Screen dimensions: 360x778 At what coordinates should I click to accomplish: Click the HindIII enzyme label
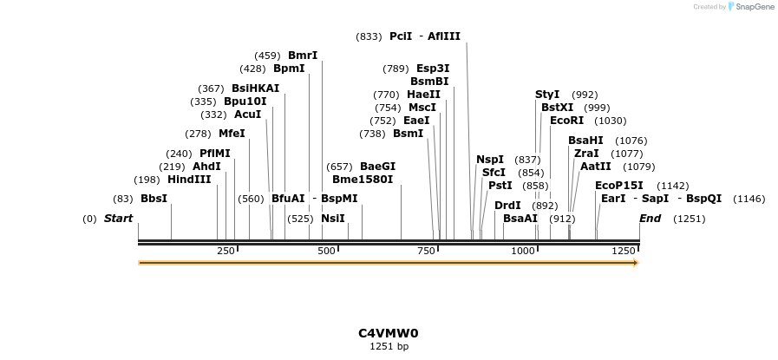(189, 180)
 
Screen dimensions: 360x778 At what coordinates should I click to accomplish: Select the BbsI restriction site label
(154, 199)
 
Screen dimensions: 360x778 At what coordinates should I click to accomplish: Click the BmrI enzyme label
(303, 56)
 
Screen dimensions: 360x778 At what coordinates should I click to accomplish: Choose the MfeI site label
(232, 134)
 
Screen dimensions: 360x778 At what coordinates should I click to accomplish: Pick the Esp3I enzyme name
(433, 69)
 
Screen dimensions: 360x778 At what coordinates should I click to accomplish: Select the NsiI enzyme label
(333, 219)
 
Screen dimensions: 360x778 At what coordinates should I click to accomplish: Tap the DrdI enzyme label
(507, 206)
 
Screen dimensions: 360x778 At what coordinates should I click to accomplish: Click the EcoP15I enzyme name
(619, 186)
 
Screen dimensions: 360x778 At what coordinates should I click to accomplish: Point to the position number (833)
(369, 36)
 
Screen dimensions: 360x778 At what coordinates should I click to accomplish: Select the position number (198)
(146, 180)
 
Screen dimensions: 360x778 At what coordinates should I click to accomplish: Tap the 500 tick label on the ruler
(326, 251)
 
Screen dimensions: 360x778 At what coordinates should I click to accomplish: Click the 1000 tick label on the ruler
(524, 251)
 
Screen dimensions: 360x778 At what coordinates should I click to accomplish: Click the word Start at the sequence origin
(118, 219)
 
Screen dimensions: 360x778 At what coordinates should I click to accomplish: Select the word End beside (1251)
(650, 219)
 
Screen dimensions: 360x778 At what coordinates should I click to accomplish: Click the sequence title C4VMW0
(389, 333)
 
